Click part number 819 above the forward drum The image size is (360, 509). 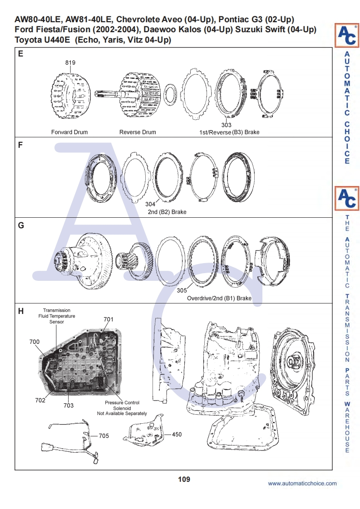coord(70,63)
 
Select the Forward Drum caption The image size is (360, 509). coord(69,132)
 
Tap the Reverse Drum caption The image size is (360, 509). coord(138,132)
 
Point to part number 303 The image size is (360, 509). coord(226,125)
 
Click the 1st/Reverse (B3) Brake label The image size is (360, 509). coord(229,132)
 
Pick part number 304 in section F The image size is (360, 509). coord(150,205)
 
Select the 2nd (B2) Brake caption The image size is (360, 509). coord(167,212)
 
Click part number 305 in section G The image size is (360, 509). coord(182,290)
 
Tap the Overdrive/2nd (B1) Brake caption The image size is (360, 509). coord(219,299)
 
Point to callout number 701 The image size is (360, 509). coord(108,319)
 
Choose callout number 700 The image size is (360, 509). coord(35,342)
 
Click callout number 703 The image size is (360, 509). coord(69,405)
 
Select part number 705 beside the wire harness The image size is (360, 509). coord(104,436)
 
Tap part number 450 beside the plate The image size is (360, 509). coord(177,434)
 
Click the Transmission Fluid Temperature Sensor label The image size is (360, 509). coord(57,316)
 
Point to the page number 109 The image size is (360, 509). coord(184,479)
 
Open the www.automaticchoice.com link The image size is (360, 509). coord(302,484)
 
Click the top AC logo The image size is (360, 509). coord(346,35)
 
